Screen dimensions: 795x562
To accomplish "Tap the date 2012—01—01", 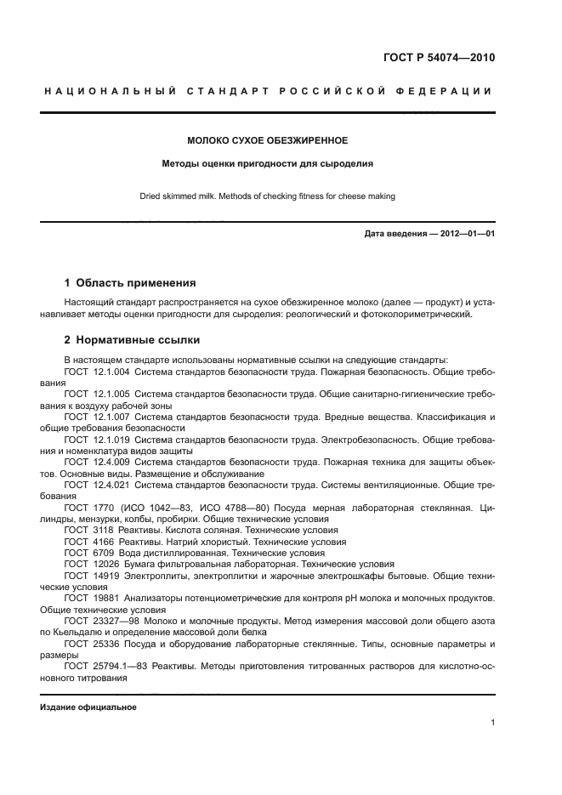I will pos(464,234).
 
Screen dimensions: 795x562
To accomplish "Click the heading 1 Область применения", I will pos(130,283).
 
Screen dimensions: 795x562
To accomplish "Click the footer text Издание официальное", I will pos(88,707).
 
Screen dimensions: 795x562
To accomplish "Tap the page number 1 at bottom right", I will pos(492,723).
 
